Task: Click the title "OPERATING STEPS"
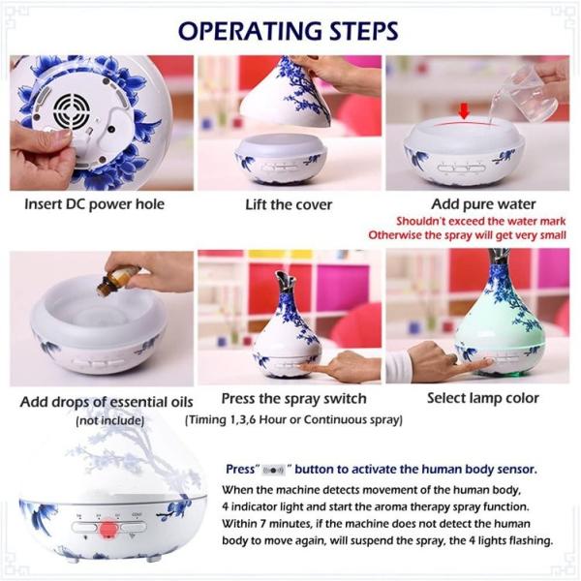(x=288, y=30)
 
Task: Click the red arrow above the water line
(x=464, y=110)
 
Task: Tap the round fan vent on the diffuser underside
(x=71, y=110)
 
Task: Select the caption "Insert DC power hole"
(x=94, y=204)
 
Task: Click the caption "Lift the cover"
(x=289, y=204)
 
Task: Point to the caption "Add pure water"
(x=483, y=204)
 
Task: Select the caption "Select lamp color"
(x=483, y=398)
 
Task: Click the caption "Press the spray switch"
(x=293, y=399)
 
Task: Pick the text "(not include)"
(x=109, y=420)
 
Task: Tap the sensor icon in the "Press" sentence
(x=273, y=471)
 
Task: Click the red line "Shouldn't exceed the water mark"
(x=481, y=221)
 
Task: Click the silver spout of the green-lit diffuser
(x=499, y=256)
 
